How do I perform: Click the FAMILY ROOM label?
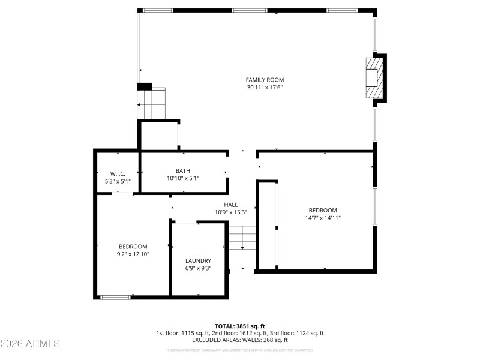(x=265, y=80)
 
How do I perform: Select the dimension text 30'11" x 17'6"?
(x=265, y=88)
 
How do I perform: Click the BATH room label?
(x=183, y=171)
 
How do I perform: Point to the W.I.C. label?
(x=117, y=173)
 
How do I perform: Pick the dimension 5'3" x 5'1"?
(x=117, y=181)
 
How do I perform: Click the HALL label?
(x=231, y=205)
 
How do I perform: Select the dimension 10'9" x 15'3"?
(x=231, y=212)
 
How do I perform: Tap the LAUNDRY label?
(x=198, y=260)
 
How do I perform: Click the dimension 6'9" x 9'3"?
(x=198, y=268)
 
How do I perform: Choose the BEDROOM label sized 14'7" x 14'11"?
(x=323, y=210)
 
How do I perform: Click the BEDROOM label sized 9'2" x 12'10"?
(x=133, y=247)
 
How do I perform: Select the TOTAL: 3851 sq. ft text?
(x=239, y=326)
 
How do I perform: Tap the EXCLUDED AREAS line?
(x=239, y=340)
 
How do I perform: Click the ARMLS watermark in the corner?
(x=30, y=344)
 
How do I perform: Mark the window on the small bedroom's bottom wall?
(x=115, y=296)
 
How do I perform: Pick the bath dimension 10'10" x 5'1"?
(x=183, y=178)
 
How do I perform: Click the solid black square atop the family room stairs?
(x=145, y=86)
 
